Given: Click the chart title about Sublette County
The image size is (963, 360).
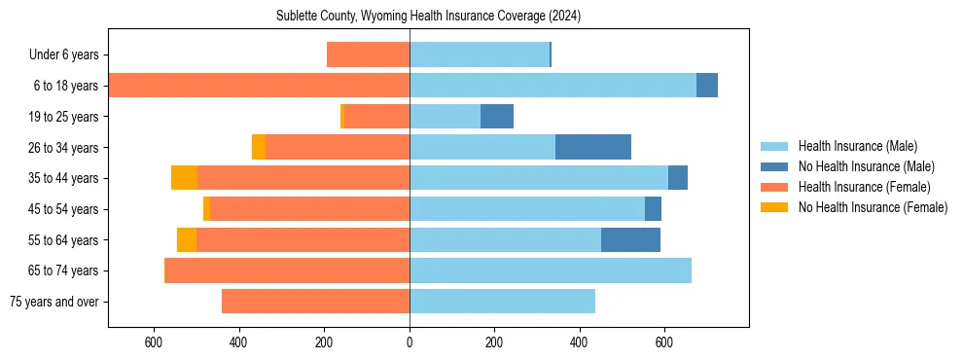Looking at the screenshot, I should tap(428, 16).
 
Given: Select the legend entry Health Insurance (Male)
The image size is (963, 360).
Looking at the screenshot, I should tap(857, 146).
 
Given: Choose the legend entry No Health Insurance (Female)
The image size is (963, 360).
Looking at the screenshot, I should tap(873, 207).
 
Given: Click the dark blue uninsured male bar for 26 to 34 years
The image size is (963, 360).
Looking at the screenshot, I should tap(593, 147).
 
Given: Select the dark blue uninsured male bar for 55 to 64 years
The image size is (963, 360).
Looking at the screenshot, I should tap(630, 239).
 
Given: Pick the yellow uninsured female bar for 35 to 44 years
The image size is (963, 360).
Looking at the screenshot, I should tap(184, 178).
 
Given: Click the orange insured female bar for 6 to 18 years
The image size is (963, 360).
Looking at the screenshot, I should tap(259, 86).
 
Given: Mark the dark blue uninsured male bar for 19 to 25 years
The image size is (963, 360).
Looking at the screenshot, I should tap(497, 117).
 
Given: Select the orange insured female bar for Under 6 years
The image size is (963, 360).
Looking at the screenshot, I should tap(368, 54).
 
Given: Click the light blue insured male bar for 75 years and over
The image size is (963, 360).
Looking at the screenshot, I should tap(502, 302).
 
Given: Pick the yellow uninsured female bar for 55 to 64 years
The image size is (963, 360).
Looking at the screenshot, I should tap(187, 239).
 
